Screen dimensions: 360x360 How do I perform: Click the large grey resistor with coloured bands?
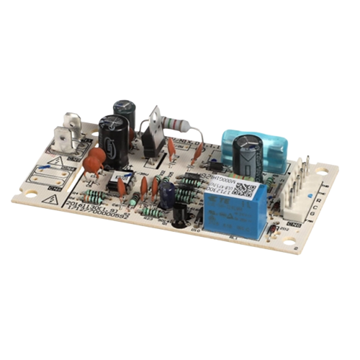tap(175, 123)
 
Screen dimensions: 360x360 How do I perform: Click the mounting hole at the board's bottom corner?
tap(289, 242)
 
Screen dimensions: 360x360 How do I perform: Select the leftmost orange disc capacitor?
tap(92, 165)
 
